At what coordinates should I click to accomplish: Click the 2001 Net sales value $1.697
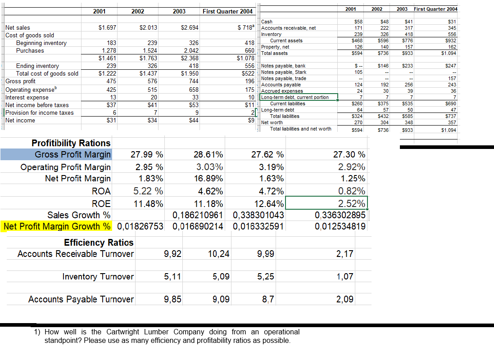pos(107,28)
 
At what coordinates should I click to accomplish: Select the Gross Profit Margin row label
pos(73,155)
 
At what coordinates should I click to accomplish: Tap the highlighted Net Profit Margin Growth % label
pos(57,225)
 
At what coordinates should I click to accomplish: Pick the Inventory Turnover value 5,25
pos(266,277)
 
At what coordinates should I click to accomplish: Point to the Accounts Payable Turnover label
pos(81,299)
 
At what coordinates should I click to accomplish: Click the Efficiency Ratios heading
pos(99,243)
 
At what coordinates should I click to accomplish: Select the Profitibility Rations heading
pos(71,143)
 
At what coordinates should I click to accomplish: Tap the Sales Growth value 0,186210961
pos(197,214)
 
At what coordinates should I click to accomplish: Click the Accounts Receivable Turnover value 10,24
pos(219,254)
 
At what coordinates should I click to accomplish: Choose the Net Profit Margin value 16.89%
pos(208,178)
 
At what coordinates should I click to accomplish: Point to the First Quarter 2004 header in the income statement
pos(228,11)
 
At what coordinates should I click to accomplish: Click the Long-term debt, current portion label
pos(295,97)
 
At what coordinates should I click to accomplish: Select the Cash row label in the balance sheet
pos(267,22)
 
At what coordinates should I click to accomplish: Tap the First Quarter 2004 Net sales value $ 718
pos(247,28)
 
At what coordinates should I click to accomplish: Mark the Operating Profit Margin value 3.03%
pos(209,167)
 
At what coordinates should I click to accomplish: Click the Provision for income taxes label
pos(39,113)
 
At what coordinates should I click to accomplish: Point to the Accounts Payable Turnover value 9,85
pos(173,299)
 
